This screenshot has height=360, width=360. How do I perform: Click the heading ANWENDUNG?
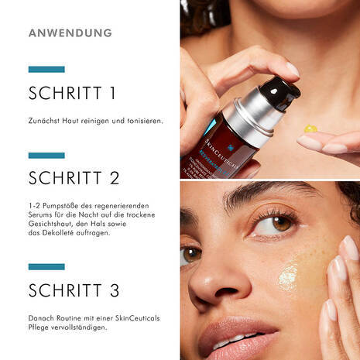click(x=70, y=33)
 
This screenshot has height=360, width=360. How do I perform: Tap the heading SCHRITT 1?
click(x=72, y=94)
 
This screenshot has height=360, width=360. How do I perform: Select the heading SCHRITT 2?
click(x=74, y=178)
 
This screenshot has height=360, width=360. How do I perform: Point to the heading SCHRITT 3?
click(x=74, y=291)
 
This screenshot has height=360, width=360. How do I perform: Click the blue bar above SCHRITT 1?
click(x=46, y=69)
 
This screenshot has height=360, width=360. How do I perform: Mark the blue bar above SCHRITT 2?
click(x=46, y=155)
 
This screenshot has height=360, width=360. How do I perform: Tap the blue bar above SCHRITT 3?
click(x=46, y=267)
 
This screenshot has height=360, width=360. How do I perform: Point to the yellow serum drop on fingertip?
click(x=310, y=128)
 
